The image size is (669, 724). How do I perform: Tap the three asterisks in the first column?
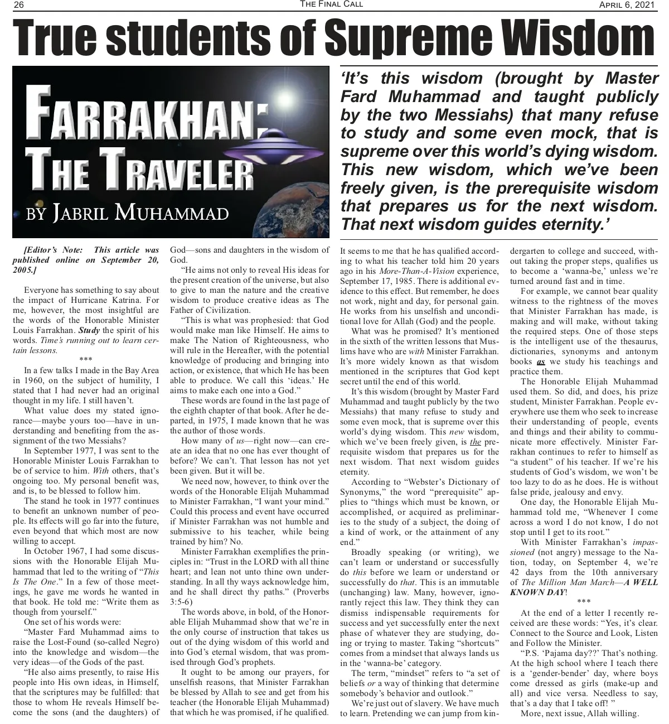[86, 360]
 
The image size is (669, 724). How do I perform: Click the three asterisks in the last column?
[584, 602]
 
